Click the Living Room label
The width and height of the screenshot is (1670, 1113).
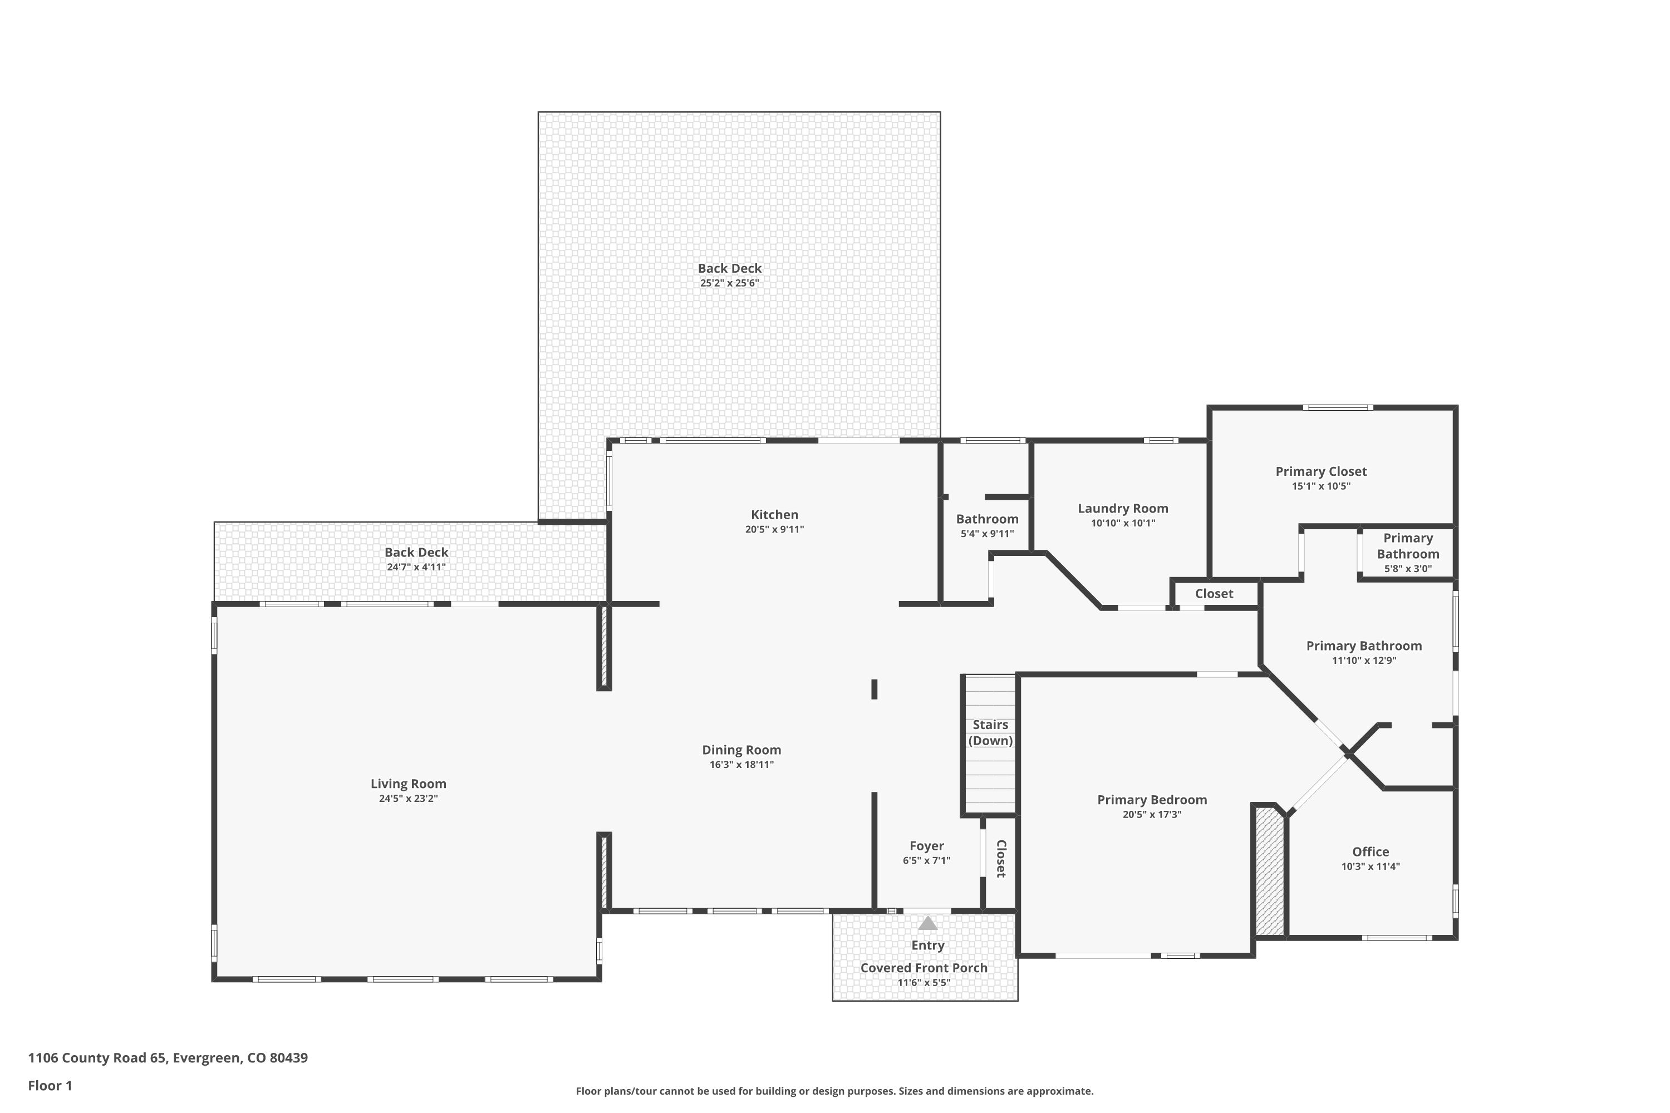tap(408, 784)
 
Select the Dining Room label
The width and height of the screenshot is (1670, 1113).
tap(741, 750)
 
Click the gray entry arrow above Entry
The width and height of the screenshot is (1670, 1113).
tap(927, 923)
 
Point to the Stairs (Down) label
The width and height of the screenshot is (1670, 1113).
tap(990, 732)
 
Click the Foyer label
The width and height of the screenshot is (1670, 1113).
tap(927, 846)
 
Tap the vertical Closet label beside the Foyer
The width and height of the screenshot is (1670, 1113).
tap(1001, 859)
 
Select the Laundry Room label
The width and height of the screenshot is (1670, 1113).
tap(1123, 508)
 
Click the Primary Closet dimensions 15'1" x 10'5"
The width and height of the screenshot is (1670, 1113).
tap(1320, 486)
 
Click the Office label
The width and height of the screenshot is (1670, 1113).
tap(1371, 852)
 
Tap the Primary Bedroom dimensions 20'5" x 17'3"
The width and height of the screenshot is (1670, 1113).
tap(1152, 814)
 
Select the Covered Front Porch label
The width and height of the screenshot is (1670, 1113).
tap(924, 968)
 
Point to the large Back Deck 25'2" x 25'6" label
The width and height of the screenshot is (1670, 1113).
tap(729, 268)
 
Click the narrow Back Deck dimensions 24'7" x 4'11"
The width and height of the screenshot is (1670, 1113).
tap(416, 567)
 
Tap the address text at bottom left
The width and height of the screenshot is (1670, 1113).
tap(168, 1058)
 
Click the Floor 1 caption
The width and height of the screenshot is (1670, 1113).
tap(50, 1085)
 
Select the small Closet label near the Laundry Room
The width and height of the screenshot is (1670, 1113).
tap(1214, 593)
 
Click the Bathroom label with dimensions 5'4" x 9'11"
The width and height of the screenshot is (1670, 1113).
tap(987, 519)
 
